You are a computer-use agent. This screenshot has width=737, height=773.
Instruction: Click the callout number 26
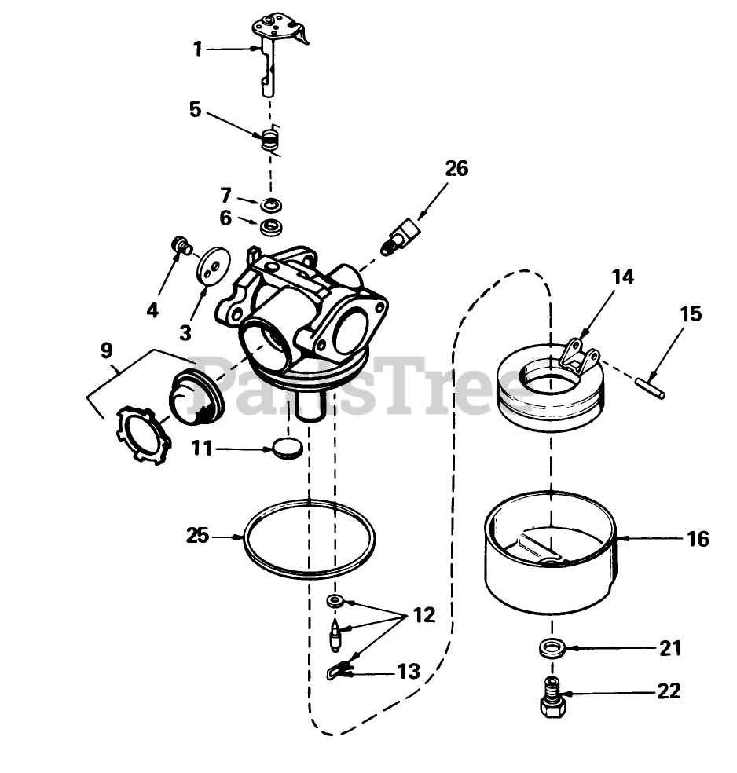(456, 169)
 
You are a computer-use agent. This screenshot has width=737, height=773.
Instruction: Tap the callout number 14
(622, 277)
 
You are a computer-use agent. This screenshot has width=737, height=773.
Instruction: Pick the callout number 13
(408, 672)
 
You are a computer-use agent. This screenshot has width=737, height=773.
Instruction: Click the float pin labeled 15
(651, 388)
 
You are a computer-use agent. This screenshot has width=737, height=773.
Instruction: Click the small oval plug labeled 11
(288, 449)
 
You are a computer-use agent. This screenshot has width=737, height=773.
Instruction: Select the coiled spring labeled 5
(270, 141)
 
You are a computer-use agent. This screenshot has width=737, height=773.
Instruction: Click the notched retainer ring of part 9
(141, 433)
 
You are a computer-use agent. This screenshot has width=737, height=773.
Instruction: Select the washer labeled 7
(272, 206)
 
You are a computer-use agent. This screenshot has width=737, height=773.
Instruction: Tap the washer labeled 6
(273, 229)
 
